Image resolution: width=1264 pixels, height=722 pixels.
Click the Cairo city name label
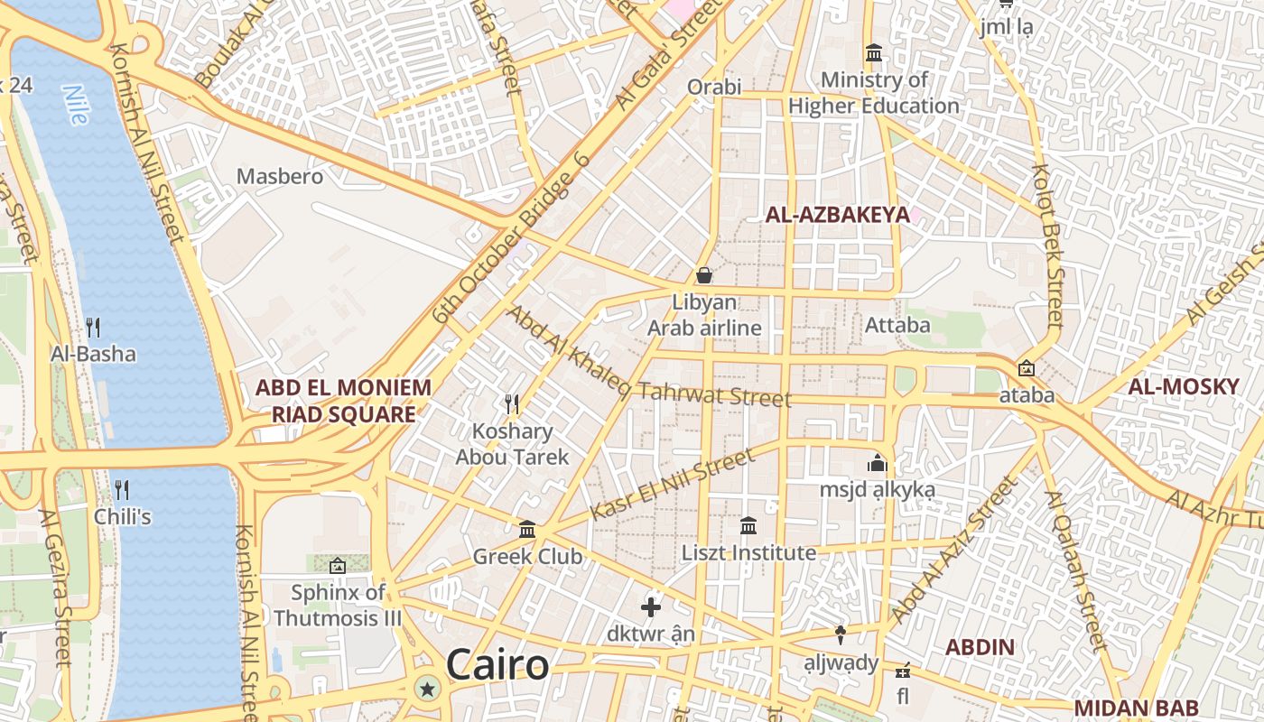[x=497, y=666]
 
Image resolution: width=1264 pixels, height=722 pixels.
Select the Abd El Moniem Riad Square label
[x=343, y=401]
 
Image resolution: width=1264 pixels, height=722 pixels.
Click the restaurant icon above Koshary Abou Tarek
[x=512, y=403]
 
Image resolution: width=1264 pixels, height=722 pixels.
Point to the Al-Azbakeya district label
[x=837, y=215]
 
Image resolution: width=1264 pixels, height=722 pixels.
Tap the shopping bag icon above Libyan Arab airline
[x=704, y=274]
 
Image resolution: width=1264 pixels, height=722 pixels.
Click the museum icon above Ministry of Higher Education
[x=873, y=53]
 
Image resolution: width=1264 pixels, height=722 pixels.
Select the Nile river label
[x=77, y=104]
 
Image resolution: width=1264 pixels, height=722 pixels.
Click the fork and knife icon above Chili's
[x=122, y=490]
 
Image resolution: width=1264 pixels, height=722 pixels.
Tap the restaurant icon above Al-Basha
[x=93, y=326]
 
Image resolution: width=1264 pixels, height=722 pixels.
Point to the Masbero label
[x=280, y=176]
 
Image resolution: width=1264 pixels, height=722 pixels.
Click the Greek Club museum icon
[x=527, y=529]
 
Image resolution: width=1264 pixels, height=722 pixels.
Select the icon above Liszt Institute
[x=748, y=525]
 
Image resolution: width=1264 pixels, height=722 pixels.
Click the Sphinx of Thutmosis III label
[x=338, y=606]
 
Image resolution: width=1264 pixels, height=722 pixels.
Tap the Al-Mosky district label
[x=1183, y=387]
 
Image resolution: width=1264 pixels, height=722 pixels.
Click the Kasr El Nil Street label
[x=672, y=486]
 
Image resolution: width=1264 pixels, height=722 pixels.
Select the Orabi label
[x=714, y=87]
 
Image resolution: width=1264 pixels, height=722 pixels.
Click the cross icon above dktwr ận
[x=651, y=606]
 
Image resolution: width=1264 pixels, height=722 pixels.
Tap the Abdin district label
[x=980, y=647]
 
